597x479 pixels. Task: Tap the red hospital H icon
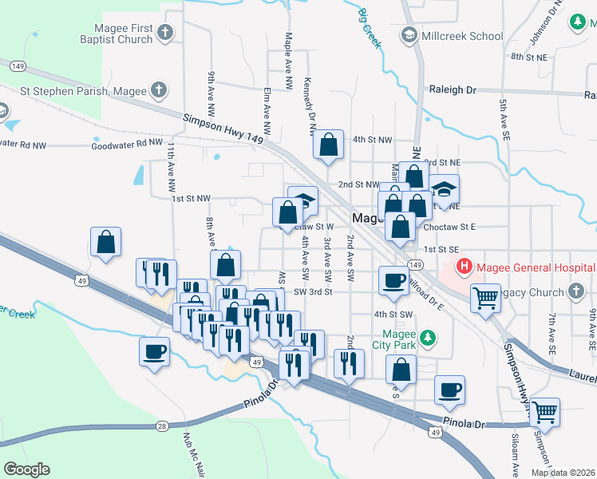click(x=462, y=266)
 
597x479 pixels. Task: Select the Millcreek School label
click(x=463, y=36)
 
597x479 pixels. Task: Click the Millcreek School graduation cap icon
click(x=409, y=35)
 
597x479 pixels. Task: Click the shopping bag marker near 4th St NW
click(x=328, y=144)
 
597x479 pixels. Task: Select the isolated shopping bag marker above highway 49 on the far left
click(x=105, y=241)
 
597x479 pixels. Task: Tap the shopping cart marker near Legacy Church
click(x=485, y=297)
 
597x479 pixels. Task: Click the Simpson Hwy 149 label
click(x=223, y=129)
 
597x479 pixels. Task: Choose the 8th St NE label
click(x=528, y=57)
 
